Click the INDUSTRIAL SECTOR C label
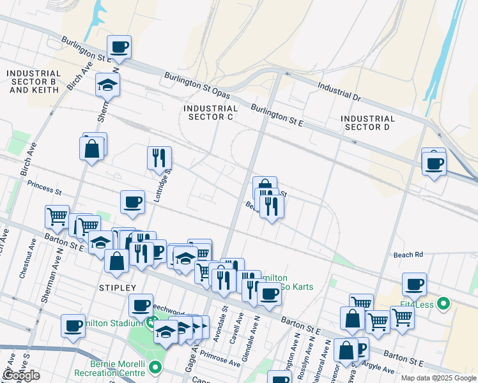click(210, 113)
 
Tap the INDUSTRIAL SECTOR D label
click(367, 123)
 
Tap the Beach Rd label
click(408, 254)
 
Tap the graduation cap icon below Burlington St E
click(108, 84)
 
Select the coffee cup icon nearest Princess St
click(133, 202)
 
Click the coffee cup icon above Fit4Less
click(414, 283)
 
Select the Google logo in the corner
click(21, 375)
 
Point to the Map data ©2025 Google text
click(438, 378)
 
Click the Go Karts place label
click(297, 287)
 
